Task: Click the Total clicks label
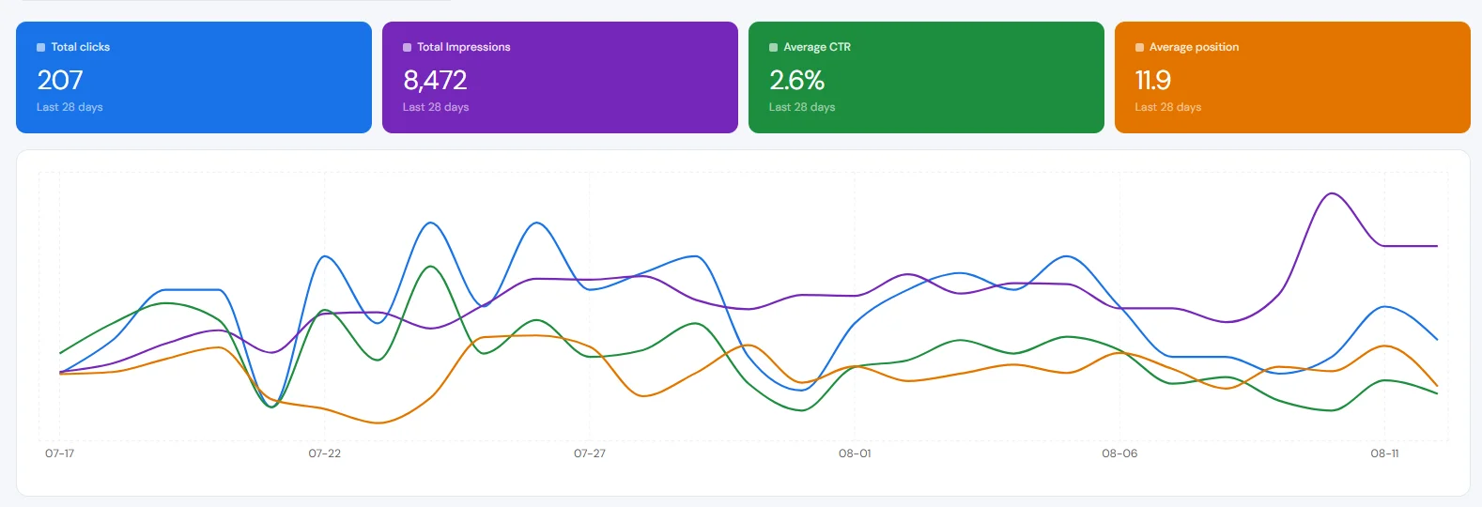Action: coord(80,47)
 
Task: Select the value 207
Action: coord(59,80)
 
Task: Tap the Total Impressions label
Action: coord(463,47)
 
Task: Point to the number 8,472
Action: coord(435,80)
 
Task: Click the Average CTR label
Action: coord(816,47)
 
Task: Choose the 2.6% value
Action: coord(796,80)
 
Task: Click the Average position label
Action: coord(1194,47)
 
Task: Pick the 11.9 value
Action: coord(1152,80)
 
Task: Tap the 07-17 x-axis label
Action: coord(59,453)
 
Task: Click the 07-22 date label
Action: coord(324,453)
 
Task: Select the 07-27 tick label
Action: coord(590,453)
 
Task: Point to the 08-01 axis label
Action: coord(855,453)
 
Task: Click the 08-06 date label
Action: coord(1119,453)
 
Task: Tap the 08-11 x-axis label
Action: coord(1384,453)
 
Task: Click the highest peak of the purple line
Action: coord(1331,193)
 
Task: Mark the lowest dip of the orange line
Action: coord(378,423)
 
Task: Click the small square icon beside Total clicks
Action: coord(41,48)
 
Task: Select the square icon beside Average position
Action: coord(1139,48)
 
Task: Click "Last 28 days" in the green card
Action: coord(802,107)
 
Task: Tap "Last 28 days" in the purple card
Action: coord(436,107)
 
